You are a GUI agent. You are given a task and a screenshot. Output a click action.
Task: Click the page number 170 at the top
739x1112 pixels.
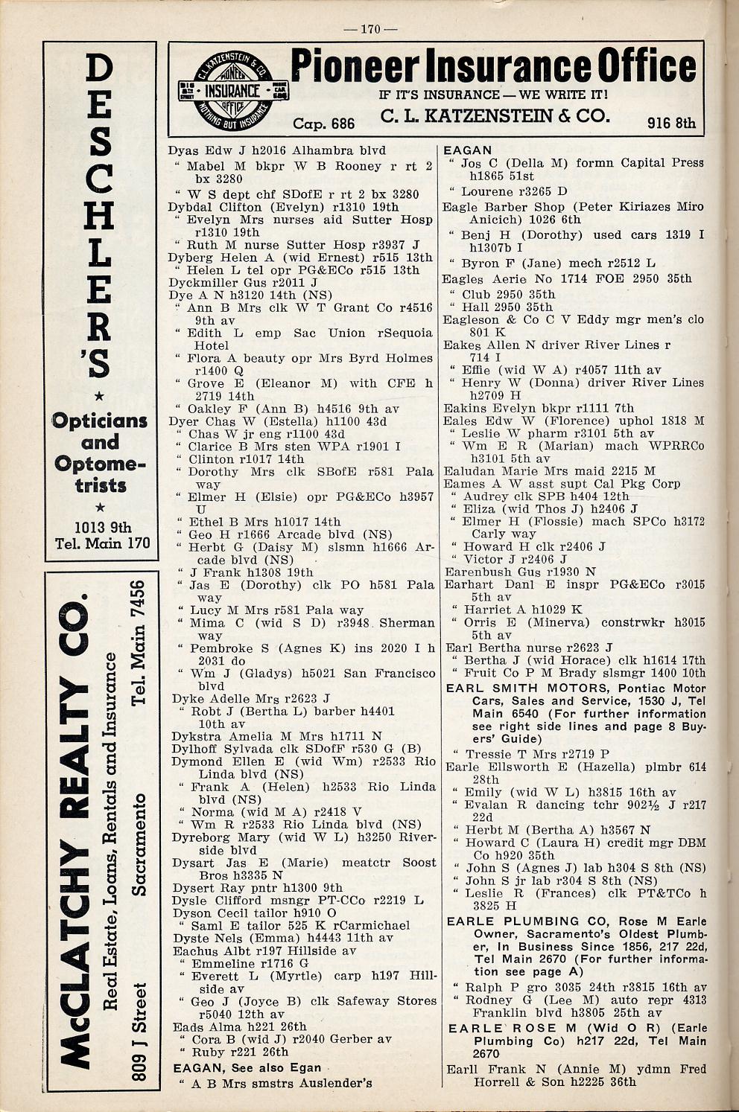[x=369, y=30]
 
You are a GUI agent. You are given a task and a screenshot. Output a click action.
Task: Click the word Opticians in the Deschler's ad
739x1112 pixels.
[x=100, y=421]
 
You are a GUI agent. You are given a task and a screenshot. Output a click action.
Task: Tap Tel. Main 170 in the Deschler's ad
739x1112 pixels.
[x=102, y=544]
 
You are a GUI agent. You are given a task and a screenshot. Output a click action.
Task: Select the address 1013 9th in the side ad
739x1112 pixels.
[x=101, y=527]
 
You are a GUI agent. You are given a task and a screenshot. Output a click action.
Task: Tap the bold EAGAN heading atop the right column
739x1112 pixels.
[x=468, y=150]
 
